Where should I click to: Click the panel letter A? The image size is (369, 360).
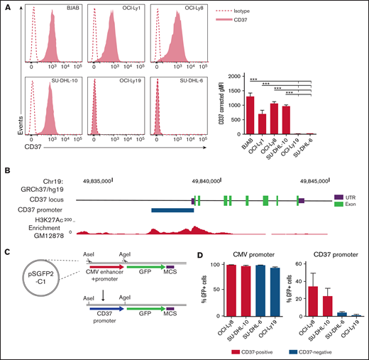coord(6,5)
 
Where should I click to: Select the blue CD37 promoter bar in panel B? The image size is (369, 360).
coord(172,210)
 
